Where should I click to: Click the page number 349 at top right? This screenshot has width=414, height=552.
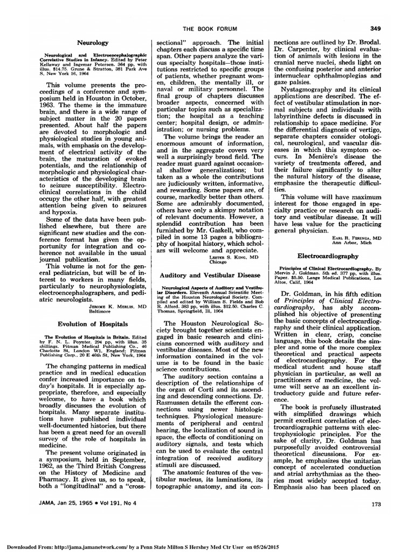pyautogui.click(x=375, y=29)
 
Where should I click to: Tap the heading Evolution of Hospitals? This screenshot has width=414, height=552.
pyautogui.click(x=93, y=324)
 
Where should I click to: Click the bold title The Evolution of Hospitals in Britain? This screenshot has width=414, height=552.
pyautogui.click(x=79, y=337)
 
